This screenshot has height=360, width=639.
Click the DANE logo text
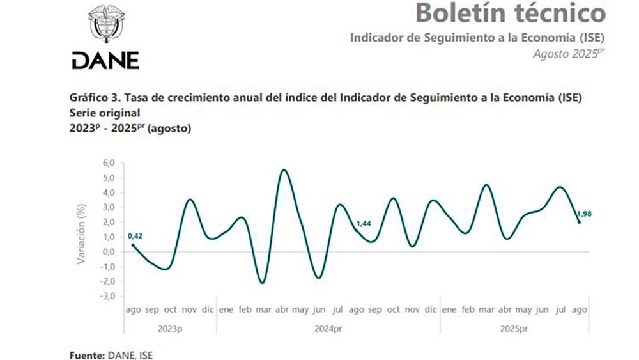105,61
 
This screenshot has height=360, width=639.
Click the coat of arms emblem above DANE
106,24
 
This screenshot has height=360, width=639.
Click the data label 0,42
135,235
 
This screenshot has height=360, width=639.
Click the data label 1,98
585,214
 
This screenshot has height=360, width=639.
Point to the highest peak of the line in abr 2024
283,170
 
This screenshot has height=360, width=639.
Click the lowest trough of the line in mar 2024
262,283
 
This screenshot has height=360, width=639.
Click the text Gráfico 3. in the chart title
93,98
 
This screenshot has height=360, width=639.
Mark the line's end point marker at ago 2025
579,222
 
